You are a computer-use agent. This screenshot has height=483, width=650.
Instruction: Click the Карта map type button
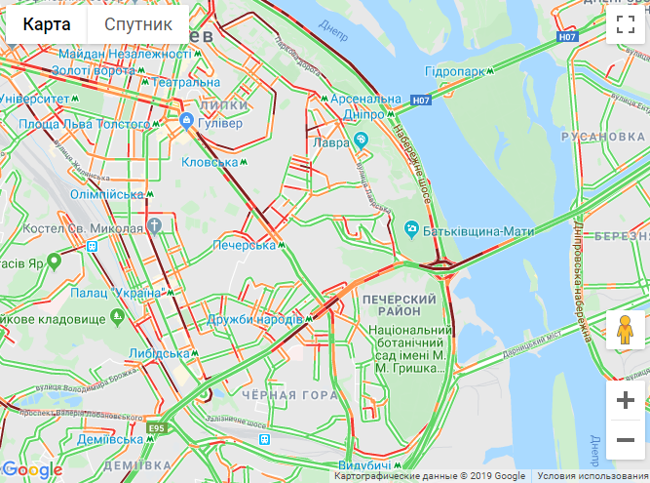(47, 24)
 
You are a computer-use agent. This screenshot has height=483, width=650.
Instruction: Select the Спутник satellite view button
(138, 24)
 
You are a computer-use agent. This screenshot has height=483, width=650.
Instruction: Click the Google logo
(32, 470)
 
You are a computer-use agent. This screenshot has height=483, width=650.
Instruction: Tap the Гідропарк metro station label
(454, 72)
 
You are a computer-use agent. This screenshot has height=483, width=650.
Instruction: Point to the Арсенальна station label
(365, 100)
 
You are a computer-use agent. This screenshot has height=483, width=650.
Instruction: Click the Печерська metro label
(245, 245)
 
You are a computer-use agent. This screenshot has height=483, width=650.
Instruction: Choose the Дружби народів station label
(255, 319)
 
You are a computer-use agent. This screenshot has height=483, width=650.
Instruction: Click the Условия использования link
(592, 476)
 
